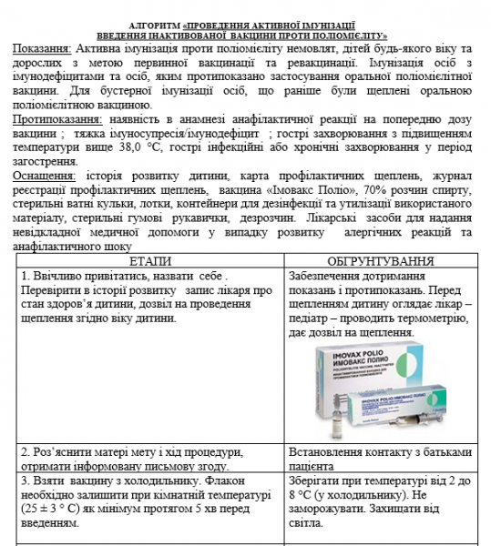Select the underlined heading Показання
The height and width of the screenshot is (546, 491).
(x=43, y=46)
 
